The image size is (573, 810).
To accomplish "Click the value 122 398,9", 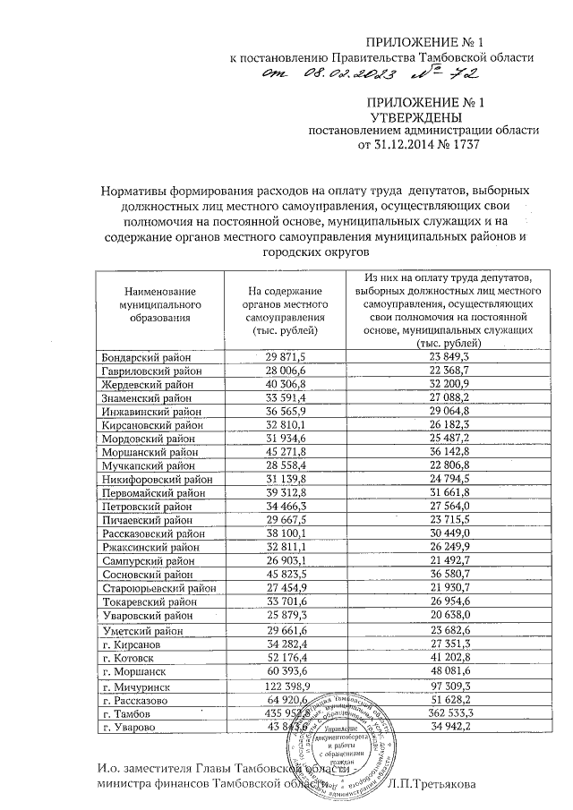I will click(x=287, y=686).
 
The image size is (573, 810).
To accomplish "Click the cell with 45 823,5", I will click(x=287, y=575).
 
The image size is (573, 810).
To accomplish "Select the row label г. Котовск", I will click(x=131, y=658).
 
